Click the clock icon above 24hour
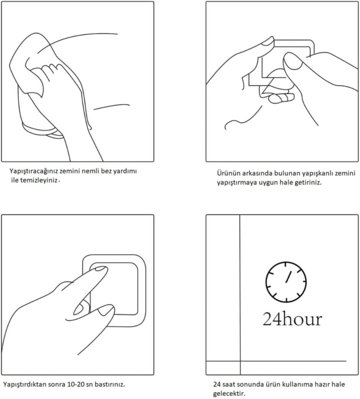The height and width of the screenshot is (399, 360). tap(286, 282)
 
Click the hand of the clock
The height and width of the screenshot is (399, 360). tap(289, 277)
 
